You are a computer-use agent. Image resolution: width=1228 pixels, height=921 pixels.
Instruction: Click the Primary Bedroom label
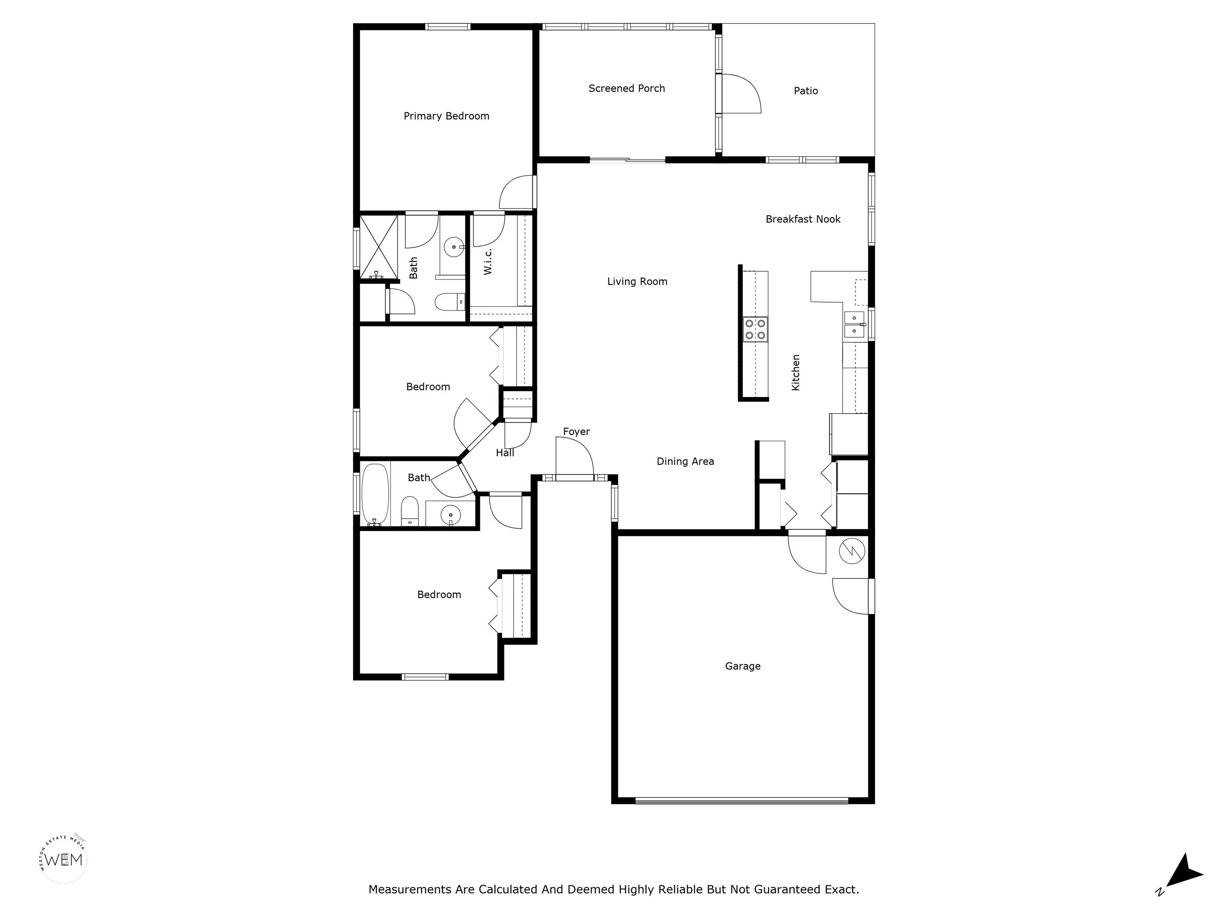(x=447, y=116)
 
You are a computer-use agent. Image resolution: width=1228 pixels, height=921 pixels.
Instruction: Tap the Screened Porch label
(x=627, y=88)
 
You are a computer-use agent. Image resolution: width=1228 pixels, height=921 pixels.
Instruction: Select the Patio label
(x=805, y=90)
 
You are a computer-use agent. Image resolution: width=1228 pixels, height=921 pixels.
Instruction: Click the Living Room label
(x=637, y=281)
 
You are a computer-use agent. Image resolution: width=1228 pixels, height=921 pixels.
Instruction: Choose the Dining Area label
(x=685, y=461)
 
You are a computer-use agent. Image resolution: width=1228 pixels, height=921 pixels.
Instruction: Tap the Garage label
(x=743, y=666)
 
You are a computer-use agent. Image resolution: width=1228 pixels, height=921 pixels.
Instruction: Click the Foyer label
(x=576, y=431)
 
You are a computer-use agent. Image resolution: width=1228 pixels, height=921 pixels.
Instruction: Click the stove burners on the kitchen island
(x=755, y=329)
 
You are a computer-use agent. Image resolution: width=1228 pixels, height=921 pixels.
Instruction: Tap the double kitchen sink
(x=854, y=325)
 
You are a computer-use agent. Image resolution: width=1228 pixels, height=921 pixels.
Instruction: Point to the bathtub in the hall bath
(x=375, y=494)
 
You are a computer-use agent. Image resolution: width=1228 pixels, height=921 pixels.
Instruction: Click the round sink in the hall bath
(x=450, y=515)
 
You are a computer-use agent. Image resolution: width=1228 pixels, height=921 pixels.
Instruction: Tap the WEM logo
(x=64, y=860)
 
